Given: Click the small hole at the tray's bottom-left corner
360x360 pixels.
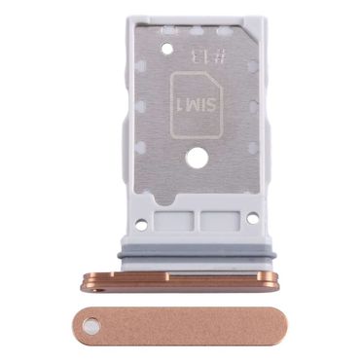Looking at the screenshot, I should coord(141,224).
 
